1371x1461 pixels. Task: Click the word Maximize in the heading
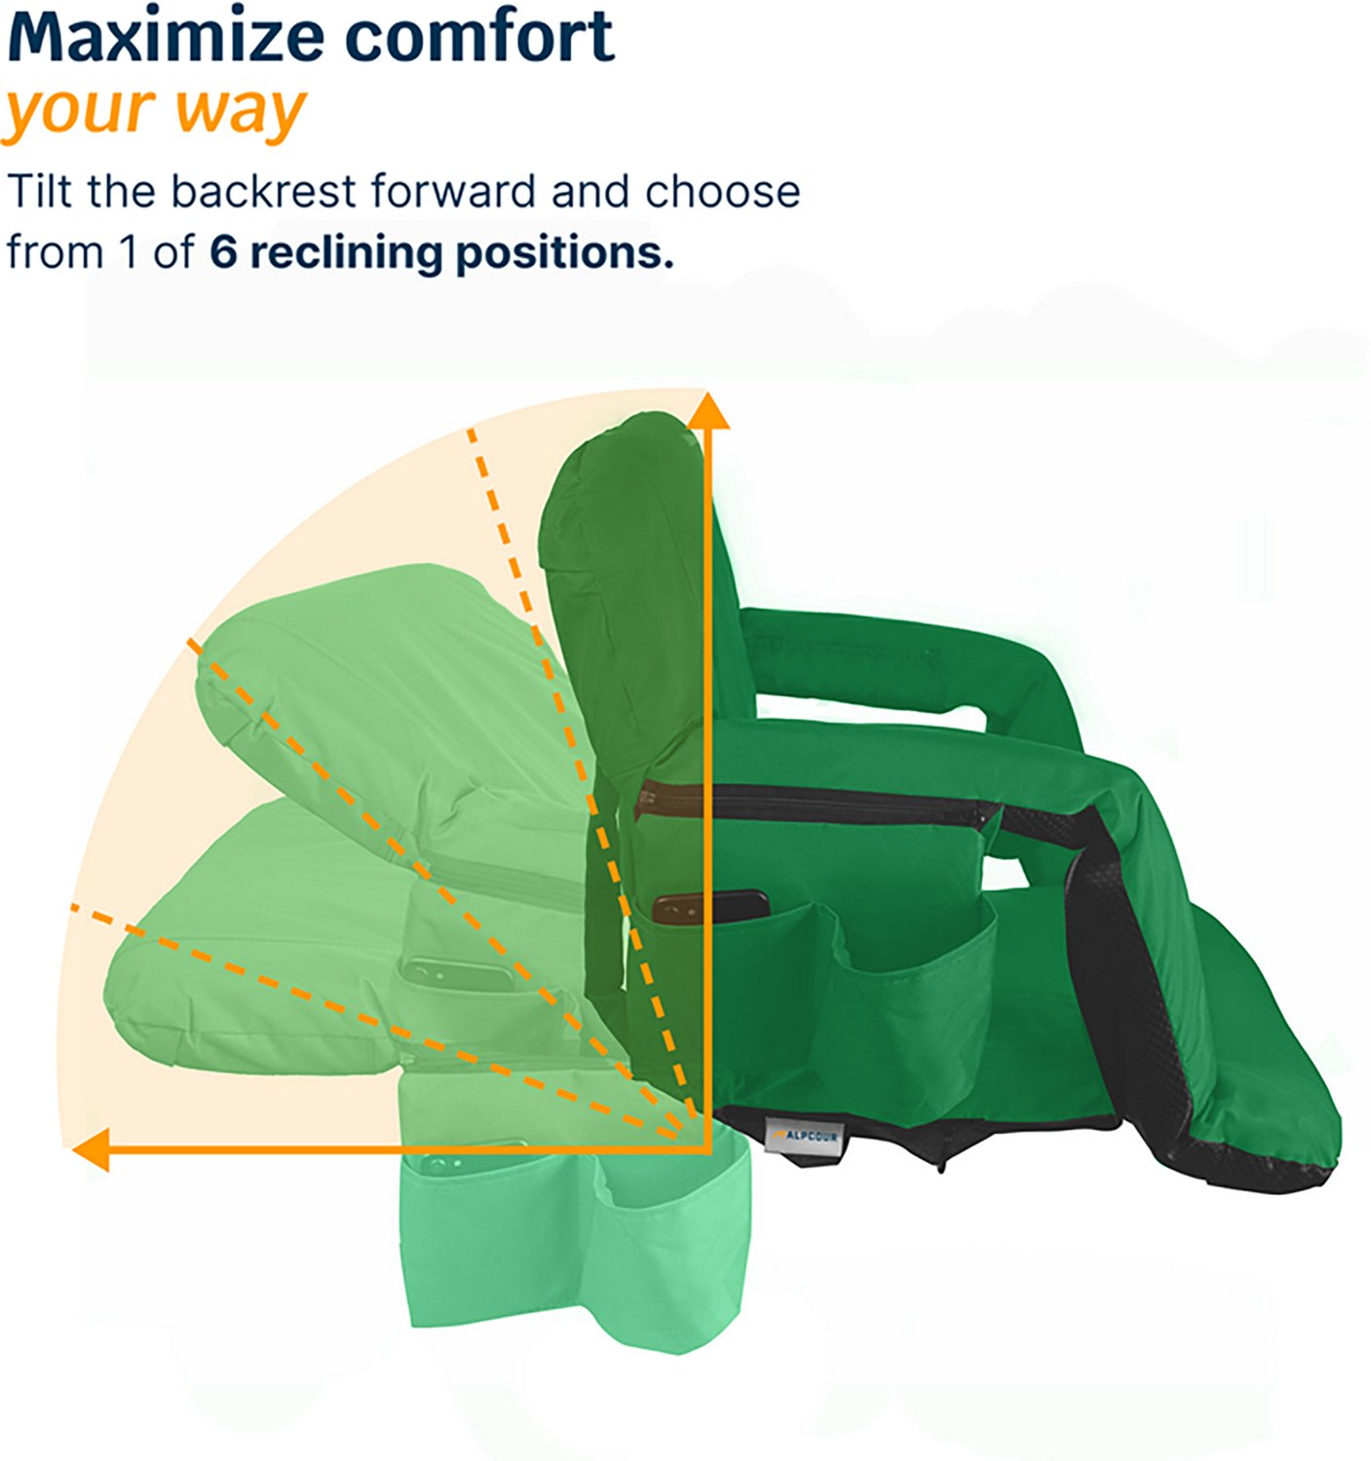click(166, 37)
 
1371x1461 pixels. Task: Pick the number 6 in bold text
click(223, 252)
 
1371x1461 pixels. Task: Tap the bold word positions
click(564, 252)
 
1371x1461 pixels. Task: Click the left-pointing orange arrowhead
click(90, 1150)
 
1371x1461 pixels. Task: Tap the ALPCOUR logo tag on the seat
click(803, 1136)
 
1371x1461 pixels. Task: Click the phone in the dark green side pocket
click(709, 907)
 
